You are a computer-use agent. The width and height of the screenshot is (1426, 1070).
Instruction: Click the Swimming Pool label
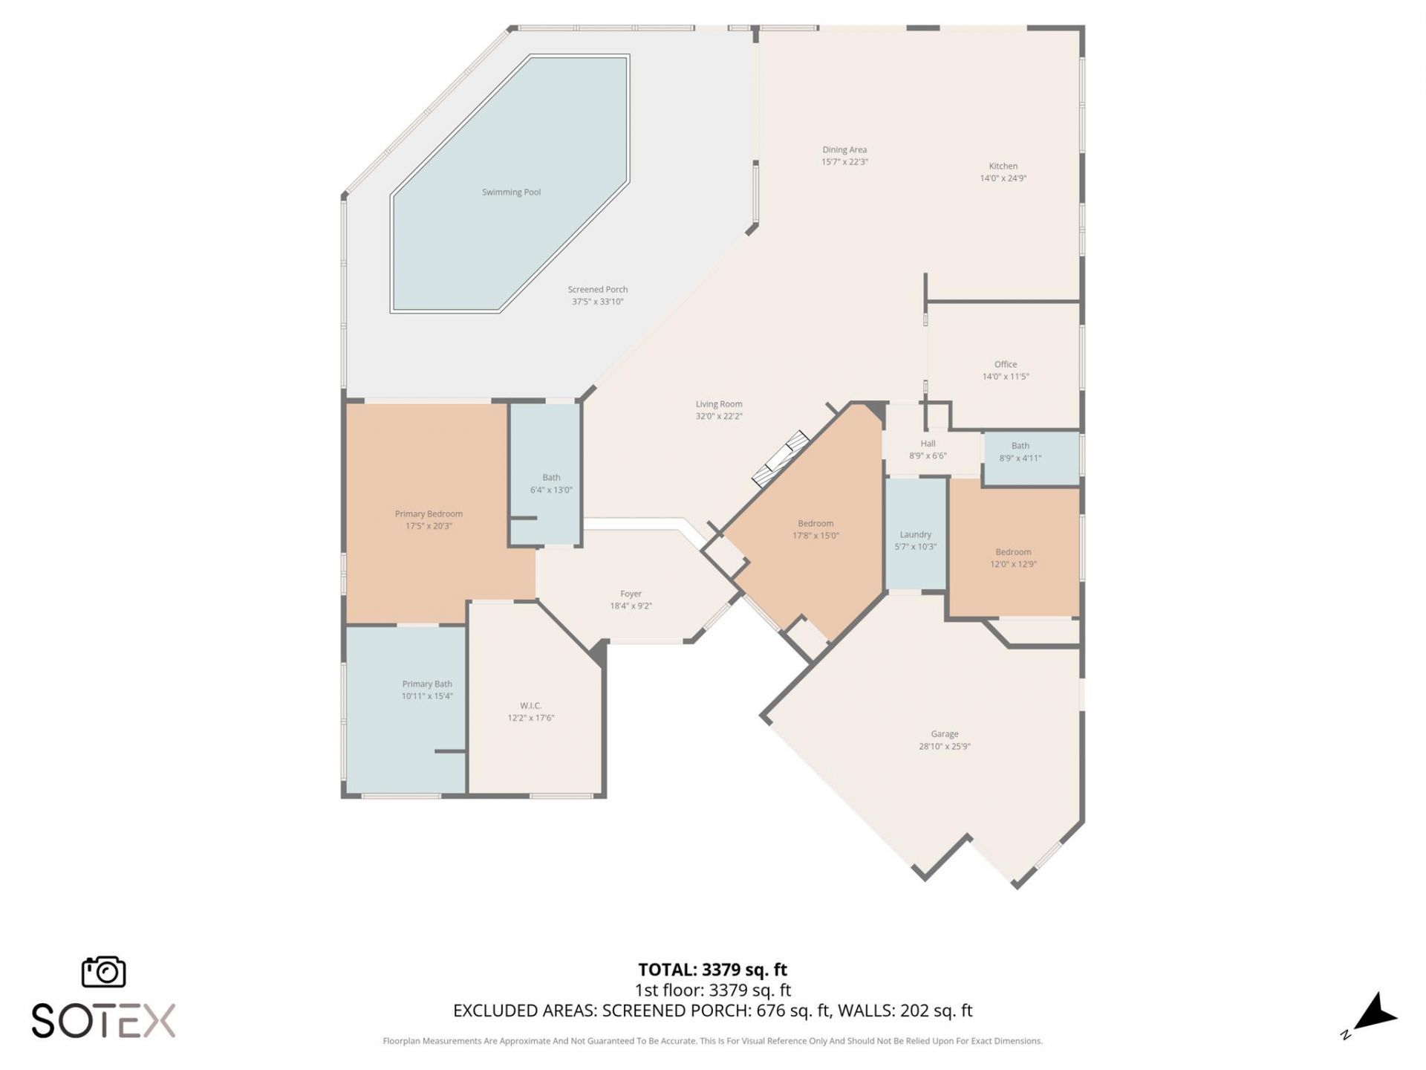pyautogui.click(x=511, y=192)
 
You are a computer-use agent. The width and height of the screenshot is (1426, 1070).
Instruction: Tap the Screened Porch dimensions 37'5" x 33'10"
pyautogui.click(x=597, y=302)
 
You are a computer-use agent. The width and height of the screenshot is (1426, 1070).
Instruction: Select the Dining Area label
pyautogui.click(x=844, y=150)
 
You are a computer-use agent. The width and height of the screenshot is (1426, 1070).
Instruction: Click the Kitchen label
pyautogui.click(x=1003, y=166)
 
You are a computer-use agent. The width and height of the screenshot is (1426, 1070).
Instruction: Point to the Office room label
pyautogui.click(x=1006, y=365)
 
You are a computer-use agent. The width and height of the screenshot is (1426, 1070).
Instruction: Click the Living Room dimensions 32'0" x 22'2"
pyautogui.click(x=719, y=417)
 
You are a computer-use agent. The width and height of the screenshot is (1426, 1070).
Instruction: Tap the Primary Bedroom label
pyautogui.click(x=429, y=514)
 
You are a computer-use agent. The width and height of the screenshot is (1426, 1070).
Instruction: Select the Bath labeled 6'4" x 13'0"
pyautogui.click(x=551, y=478)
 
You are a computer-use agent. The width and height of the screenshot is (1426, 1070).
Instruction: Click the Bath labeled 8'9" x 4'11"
pyautogui.click(x=1020, y=446)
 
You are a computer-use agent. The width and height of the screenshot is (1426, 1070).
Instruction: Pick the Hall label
pyautogui.click(x=928, y=444)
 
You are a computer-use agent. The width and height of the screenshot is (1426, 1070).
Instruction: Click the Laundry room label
pyautogui.click(x=915, y=535)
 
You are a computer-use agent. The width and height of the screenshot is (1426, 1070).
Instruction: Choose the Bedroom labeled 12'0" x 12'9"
pyautogui.click(x=1013, y=552)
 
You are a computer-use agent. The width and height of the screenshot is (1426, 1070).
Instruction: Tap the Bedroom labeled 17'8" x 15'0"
pyautogui.click(x=815, y=524)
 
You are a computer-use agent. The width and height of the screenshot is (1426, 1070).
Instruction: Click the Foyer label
pyautogui.click(x=631, y=594)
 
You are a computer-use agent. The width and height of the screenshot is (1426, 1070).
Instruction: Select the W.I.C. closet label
pyautogui.click(x=530, y=706)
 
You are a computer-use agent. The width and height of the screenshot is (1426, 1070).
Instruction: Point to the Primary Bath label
pyautogui.click(x=427, y=684)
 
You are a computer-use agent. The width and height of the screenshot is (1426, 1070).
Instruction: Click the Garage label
pyautogui.click(x=944, y=734)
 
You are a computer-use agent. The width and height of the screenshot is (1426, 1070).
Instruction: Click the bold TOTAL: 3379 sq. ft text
pyautogui.click(x=712, y=970)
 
